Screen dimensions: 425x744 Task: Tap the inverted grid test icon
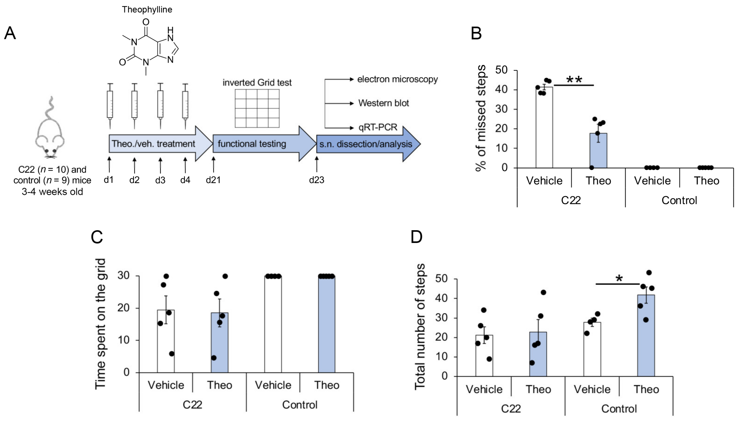click(x=257, y=108)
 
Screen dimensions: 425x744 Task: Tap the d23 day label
click(x=317, y=180)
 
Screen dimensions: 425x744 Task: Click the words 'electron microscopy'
click(x=397, y=79)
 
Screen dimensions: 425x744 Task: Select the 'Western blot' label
click(x=383, y=103)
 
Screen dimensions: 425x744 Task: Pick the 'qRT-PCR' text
click(x=378, y=127)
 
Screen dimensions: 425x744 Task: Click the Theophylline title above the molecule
click(x=147, y=10)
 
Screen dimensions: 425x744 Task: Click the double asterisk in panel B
click(x=574, y=80)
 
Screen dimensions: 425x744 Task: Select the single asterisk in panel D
click(x=619, y=279)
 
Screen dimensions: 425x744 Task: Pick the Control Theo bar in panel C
click(x=327, y=324)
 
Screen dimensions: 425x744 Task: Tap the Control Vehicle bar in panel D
click(x=592, y=349)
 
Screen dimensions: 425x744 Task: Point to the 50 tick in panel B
click(x=502, y=70)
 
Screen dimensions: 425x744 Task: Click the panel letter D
click(x=416, y=237)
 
